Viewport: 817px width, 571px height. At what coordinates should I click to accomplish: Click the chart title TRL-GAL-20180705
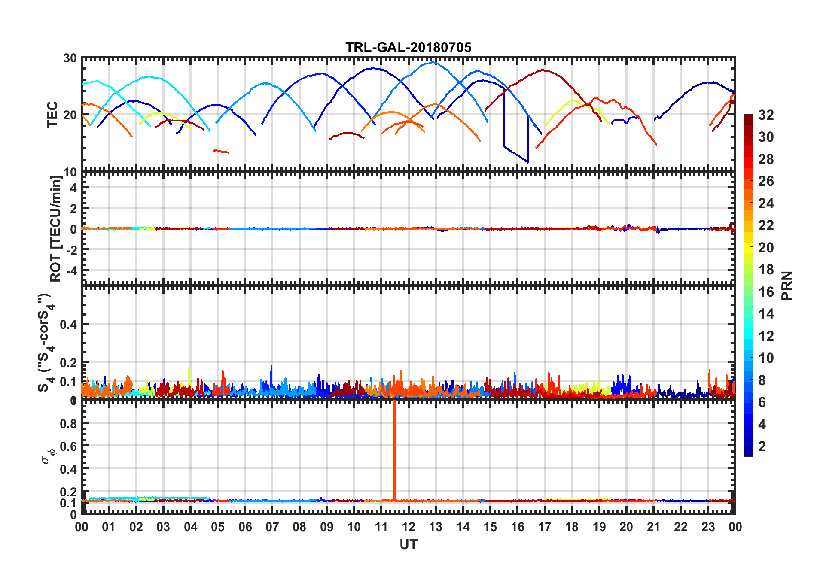click(408, 47)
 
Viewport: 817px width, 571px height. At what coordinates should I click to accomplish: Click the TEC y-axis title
click(52, 115)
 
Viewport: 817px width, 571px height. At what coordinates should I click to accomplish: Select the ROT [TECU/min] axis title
click(56, 228)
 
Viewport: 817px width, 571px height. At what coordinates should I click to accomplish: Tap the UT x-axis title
click(408, 545)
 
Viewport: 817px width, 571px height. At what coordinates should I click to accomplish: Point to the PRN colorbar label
click(787, 285)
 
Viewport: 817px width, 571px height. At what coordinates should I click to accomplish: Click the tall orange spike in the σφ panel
click(394, 451)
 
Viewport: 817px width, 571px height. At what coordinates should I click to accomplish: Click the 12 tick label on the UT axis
click(408, 527)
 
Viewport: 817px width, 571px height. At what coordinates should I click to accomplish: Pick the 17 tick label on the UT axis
click(545, 527)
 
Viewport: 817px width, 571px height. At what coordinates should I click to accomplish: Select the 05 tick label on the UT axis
click(218, 527)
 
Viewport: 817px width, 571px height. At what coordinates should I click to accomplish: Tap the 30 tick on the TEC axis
click(70, 58)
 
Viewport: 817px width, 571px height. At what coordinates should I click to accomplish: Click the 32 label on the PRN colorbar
click(766, 115)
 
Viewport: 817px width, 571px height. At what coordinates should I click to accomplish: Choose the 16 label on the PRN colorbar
click(766, 292)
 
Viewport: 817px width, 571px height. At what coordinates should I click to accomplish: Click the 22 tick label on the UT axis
click(681, 527)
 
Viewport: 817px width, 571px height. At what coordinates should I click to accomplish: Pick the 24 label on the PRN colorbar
click(766, 203)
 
